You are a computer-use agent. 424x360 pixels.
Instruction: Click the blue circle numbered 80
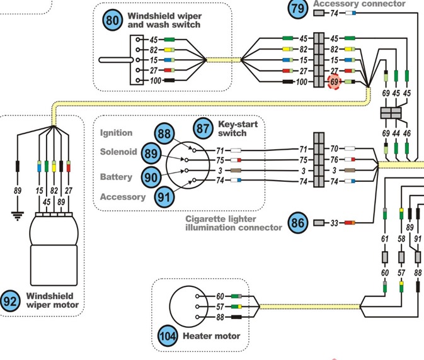point(113,21)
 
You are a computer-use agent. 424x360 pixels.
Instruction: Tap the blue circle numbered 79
point(298,9)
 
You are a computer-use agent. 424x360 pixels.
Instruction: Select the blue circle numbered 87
point(203,128)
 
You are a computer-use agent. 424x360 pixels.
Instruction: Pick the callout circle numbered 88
point(165,133)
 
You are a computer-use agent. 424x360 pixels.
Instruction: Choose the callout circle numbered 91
point(165,196)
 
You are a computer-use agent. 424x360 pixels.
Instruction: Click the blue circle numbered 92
point(10,301)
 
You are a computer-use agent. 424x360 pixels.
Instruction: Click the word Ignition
point(116,133)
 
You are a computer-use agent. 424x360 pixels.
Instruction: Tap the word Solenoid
point(118,152)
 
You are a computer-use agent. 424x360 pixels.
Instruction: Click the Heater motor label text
point(211,336)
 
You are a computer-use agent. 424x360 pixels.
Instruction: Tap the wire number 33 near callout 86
point(335,223)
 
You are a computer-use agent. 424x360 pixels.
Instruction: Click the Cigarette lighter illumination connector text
point(233,223)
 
